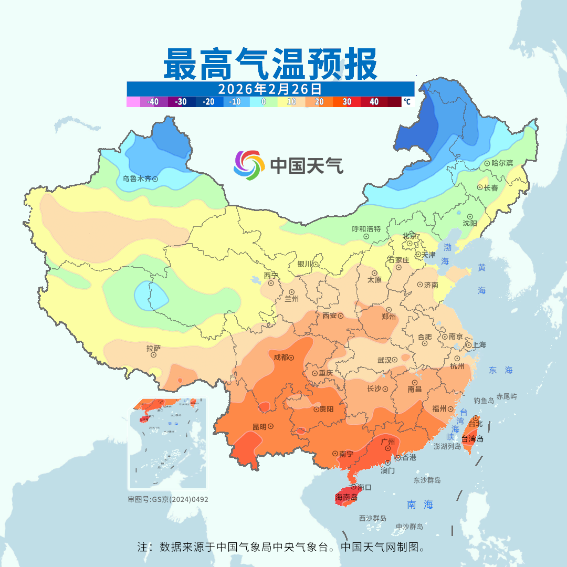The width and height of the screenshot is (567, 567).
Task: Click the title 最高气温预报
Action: point(270,65)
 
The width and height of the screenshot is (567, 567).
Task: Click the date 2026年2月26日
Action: point(270,88)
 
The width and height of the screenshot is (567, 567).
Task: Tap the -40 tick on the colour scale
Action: point(153,102)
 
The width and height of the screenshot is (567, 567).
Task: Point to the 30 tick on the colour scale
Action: point(347,102)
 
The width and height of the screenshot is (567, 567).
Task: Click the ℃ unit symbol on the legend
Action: point(407,102)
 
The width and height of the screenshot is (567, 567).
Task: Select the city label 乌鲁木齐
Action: point(136,178)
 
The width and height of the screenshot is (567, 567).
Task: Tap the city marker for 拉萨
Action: point(154,355)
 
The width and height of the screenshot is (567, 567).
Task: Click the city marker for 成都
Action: point(291,358)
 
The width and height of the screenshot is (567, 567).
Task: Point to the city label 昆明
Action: point(259,426)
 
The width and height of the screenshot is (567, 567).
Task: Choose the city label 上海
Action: point(479,345)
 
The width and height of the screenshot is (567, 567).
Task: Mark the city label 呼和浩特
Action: point(366,229)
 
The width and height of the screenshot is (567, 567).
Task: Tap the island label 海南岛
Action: point(346,497)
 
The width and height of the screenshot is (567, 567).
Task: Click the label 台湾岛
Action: point(472,439)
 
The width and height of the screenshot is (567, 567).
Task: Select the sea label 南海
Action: point(421,505)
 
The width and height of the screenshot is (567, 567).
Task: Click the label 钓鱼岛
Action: point(484,401)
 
